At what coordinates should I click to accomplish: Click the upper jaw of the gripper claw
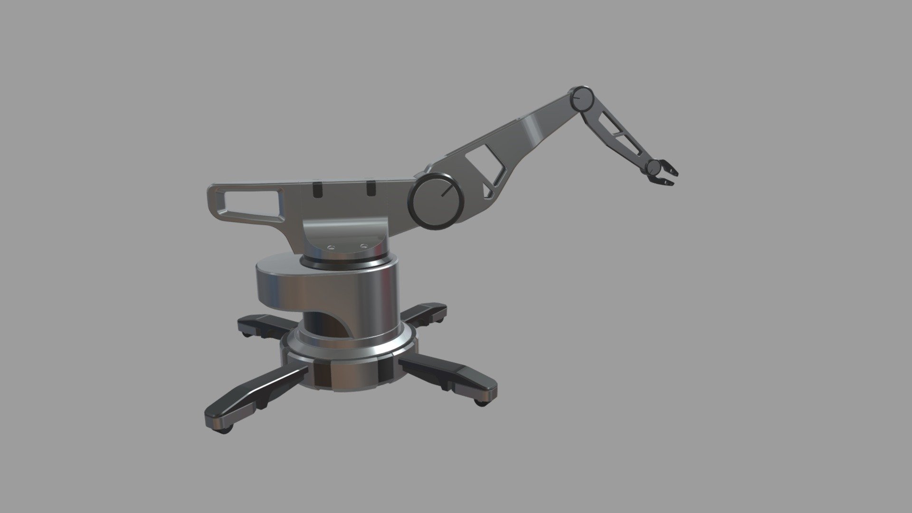670,170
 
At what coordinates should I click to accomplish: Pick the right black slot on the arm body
370,188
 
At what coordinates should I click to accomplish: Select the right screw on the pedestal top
364,246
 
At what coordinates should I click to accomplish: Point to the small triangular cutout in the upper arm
488,191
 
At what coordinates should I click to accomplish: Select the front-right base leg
451,373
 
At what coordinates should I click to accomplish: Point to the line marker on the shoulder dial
446,191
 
